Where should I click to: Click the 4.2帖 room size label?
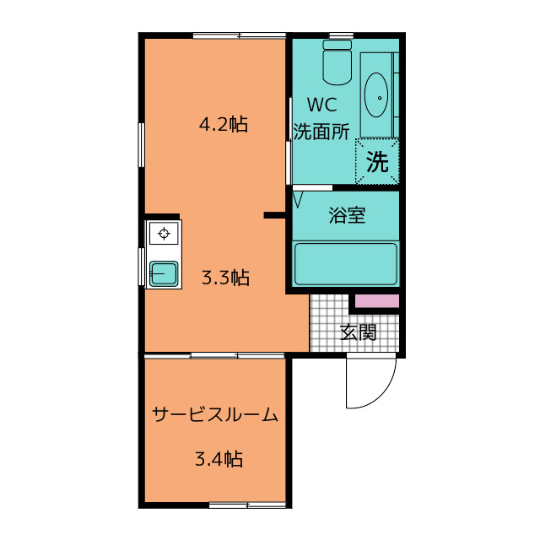click(223, 125)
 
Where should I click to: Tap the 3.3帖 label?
click(225, 278)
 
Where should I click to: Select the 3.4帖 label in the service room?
click(219, 460)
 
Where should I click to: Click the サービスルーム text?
click(215, 414)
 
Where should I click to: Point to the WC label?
click(321, 106)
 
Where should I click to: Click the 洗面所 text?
click(321, 132)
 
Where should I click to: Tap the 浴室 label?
click(347, 215)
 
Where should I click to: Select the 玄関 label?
click(358, 332)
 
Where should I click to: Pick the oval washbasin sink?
click(377, 97)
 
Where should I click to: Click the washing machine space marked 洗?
click(377, 162)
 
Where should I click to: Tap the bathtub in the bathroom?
click(345, 263)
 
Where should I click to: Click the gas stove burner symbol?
click(164, 233)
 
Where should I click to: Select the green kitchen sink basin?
click(162, 273)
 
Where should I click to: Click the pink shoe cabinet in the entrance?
click(375, 301)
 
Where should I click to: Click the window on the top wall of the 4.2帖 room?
click(239, 35)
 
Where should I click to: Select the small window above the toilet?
click(340, 35)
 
